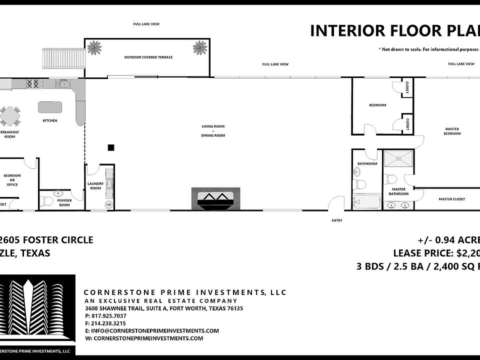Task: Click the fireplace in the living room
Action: coord(215,199)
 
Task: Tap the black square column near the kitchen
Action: coord(111,147)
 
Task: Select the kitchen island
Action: coord(50,107)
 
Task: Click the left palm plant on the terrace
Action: coord(93,47)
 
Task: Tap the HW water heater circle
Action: coord(108,205)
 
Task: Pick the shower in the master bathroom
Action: coord(398,159)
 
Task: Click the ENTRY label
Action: coord(336,219)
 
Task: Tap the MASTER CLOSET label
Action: coord(451,199)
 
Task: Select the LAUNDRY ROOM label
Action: coord(95,185)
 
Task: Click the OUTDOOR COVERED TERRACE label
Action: coord(148,57)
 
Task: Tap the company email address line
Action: coord(152,331)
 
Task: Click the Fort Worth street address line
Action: coord(164,308)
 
